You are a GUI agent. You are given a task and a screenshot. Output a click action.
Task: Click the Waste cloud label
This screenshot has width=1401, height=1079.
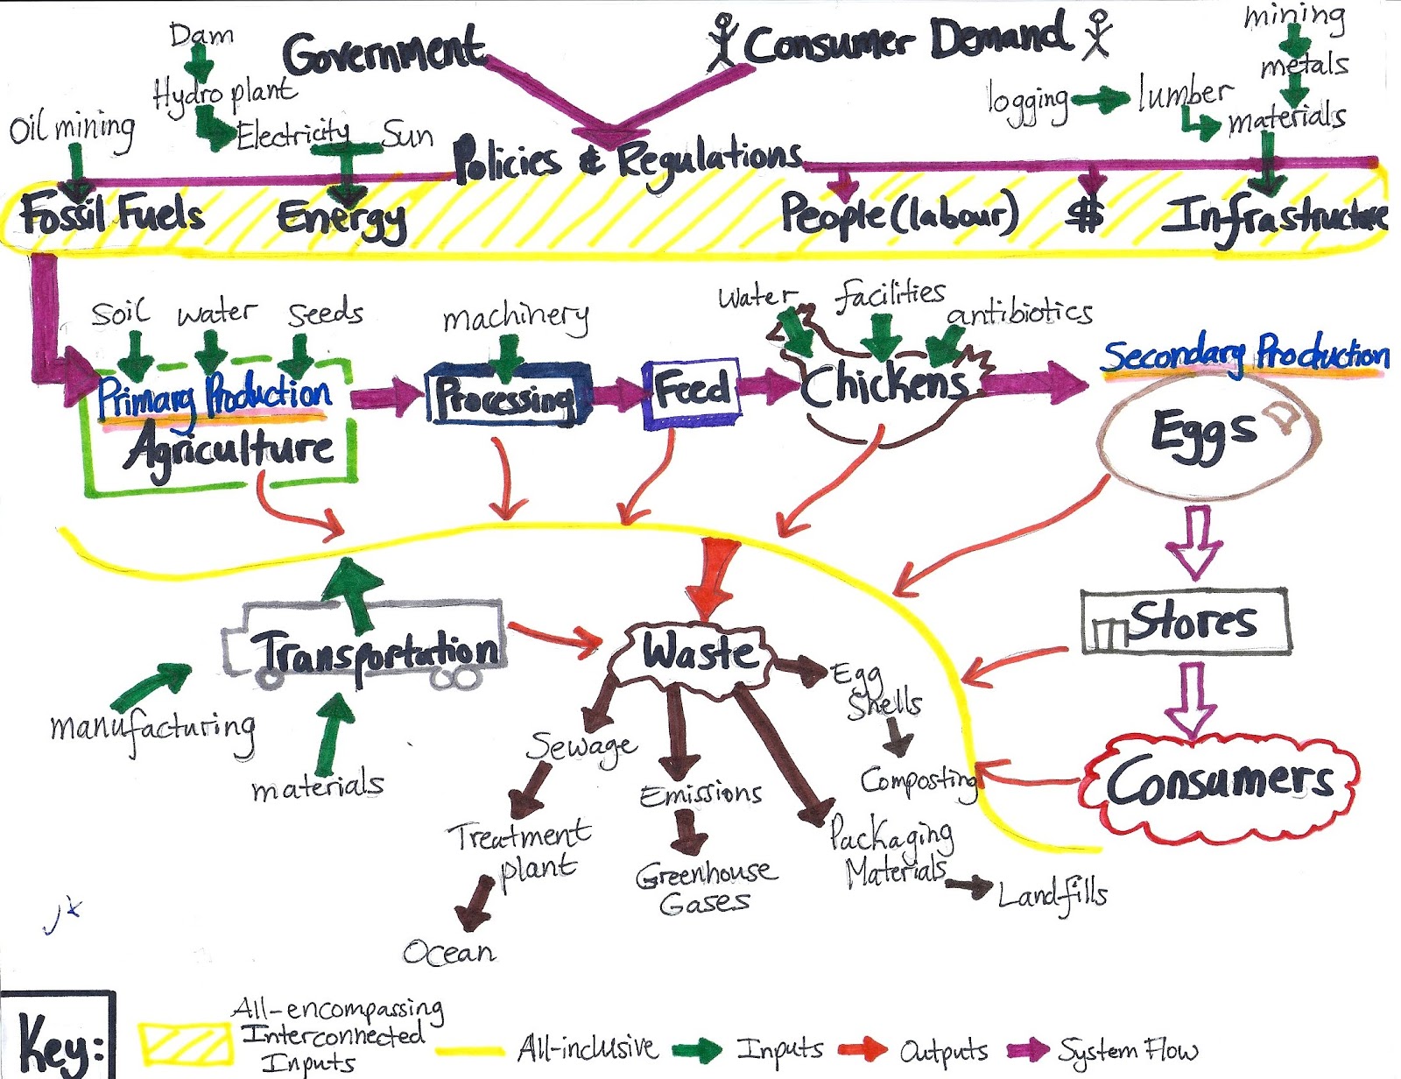(x=696, y=653)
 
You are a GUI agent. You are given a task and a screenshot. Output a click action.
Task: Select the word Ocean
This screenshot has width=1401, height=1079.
(x=449, y=952)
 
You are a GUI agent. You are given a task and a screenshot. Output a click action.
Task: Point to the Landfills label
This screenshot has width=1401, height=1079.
(x=1053, y=895)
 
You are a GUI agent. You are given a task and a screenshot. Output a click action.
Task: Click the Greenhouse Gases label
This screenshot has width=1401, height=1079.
(x=706, y=886)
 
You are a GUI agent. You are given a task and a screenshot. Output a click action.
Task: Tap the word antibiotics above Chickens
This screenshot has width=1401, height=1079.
(x=1020, y=313)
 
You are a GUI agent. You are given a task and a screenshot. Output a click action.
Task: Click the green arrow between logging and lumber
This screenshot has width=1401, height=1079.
(x=1101, y=100)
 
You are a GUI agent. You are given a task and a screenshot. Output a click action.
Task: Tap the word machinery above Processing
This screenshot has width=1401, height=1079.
(x=516, y=318)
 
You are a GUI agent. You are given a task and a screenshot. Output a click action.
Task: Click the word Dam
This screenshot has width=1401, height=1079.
(x=201, y=35)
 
